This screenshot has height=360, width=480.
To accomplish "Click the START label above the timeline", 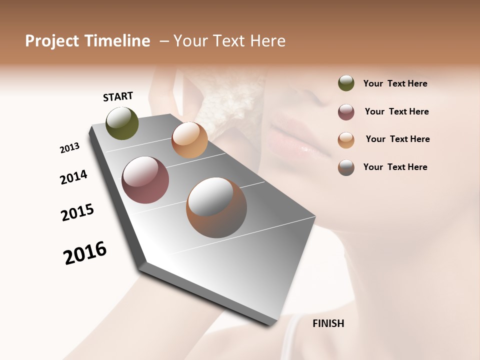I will tap(118, 96).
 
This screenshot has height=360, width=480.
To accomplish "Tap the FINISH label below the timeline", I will tap(328, 323).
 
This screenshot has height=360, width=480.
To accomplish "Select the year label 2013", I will tap(70, 148).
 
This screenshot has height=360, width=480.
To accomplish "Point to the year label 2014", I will tap(74, 177).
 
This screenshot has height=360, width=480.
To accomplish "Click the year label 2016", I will tap(85, 253).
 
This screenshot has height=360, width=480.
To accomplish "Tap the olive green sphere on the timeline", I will tap(122, 123).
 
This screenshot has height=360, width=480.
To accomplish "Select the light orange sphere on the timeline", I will tap(189, 140).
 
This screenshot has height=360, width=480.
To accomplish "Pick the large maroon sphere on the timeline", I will tap(145, 180).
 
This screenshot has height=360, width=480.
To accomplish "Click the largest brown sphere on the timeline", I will tap(216, 207).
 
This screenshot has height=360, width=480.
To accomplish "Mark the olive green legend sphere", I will tap(346, 83).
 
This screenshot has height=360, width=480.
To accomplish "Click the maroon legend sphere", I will tap(346, 112).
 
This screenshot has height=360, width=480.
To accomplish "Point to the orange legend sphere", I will tap(346, 140).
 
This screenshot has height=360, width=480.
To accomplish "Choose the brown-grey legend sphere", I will tap(346, 167).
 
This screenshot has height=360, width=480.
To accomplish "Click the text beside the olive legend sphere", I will tap(395, 83).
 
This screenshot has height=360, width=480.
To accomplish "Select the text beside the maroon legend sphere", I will tap(396, 111).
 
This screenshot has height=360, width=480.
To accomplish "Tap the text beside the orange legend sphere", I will tap(397, 139).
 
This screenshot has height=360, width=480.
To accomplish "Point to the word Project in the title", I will tap(52, 41).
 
